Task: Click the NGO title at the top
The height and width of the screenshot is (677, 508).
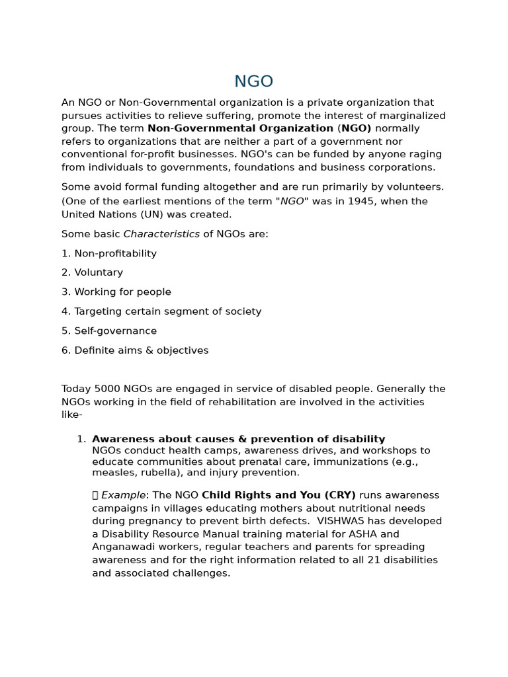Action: point(253,81)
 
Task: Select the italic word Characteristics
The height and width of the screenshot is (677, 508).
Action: point(161,234)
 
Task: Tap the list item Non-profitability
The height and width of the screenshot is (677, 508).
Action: point(115,254)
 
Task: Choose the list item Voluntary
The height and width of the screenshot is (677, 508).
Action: point(99,273)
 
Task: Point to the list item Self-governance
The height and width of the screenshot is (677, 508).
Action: point(115,331)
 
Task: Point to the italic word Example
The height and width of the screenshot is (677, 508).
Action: point(123,496)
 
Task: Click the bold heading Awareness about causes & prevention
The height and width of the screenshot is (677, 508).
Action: point(238,440)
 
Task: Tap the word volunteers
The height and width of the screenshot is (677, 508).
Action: point(417,188)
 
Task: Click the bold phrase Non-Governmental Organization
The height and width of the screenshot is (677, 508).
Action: point(240,129)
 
